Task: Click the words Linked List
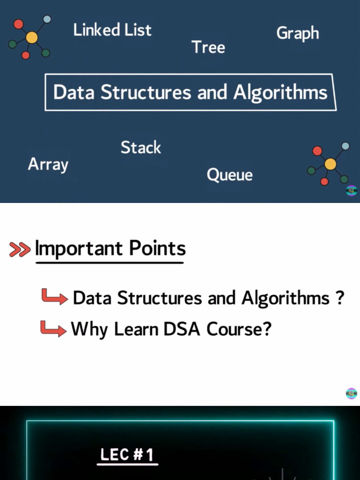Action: [112, 30]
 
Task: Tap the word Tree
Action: [209, 47]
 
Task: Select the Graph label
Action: [298, 33]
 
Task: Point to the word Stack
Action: [141, 147]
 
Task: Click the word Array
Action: [48, 165]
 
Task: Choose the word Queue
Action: [230, 175]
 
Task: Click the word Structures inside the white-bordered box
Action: [146, 92]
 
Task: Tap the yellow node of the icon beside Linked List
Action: [31, 37]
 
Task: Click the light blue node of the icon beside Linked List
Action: [47, 19]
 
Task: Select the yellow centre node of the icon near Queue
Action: [330, 164]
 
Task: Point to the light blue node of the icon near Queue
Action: [345, 146]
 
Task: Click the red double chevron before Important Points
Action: [20, 249]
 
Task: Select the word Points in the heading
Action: [157, 247]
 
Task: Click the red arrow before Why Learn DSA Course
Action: [53, 329]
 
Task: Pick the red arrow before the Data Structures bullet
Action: [55, 297]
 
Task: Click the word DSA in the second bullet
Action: [182, 329]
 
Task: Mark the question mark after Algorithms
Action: [340, 297]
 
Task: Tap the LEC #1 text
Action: [127, 455]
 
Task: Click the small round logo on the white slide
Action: [352, 394]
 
